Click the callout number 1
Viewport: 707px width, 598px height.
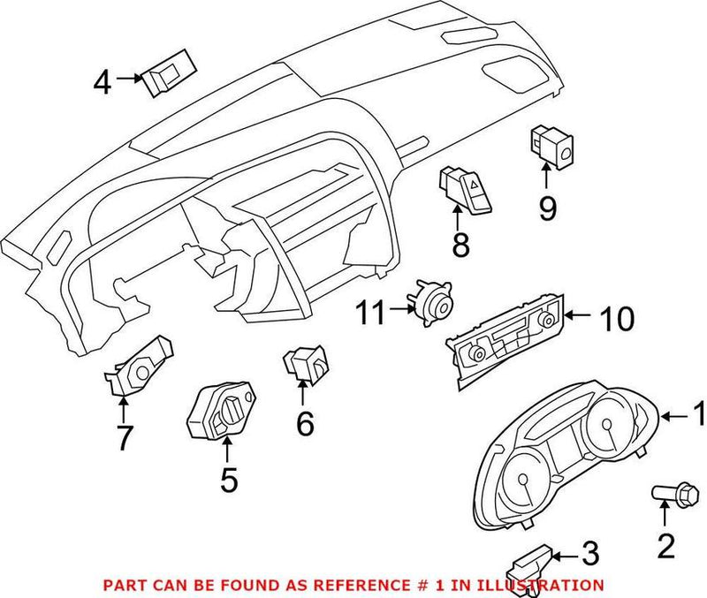[x=696, y=413]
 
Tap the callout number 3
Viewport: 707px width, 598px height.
[x=589, y=554]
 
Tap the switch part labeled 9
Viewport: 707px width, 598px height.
[x=551, y=145]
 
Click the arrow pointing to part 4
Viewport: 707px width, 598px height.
[x=129, y=79]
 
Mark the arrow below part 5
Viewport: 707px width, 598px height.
[x=227, y=451]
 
